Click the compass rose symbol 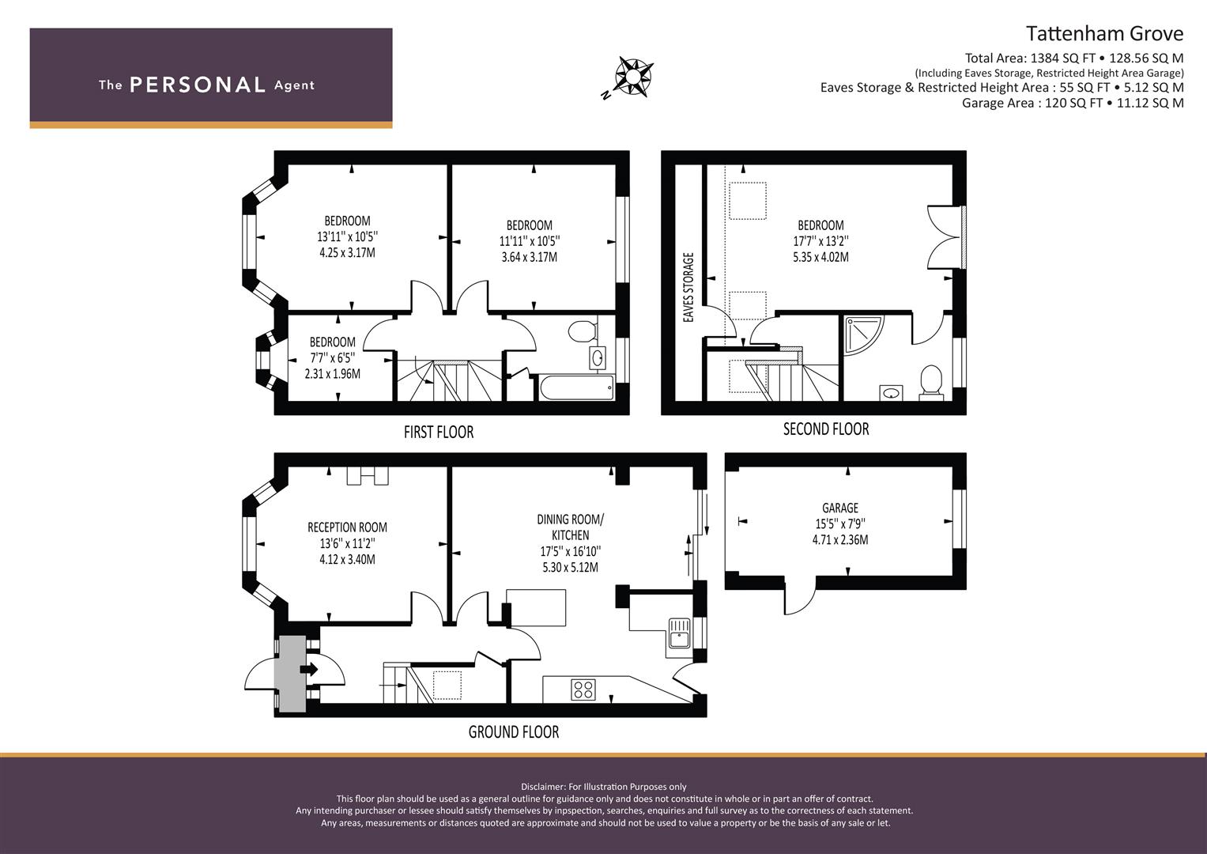click(x=634, y=77)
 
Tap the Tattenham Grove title click(x=1104, y=33)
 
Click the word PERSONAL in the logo click(x=198, y=85)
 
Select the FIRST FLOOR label click(x=439, y=432)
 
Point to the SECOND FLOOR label click(x=826, y=429)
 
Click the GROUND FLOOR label click(x=514, y=731)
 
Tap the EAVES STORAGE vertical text click(x=688, y=287)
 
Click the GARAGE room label click(x=840, y=508)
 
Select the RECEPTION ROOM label click(x=347, y=527)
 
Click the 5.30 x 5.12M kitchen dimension click(x=570, y=567)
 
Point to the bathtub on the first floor click(x=576, y=387)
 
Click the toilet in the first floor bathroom click(x=583, y=330)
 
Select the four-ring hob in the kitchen click(x=583, y=690)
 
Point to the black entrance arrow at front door click(x=309, y=670)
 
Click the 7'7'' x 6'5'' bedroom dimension click(x=333, y=357)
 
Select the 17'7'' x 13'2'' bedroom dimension click(x=820, y=241)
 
